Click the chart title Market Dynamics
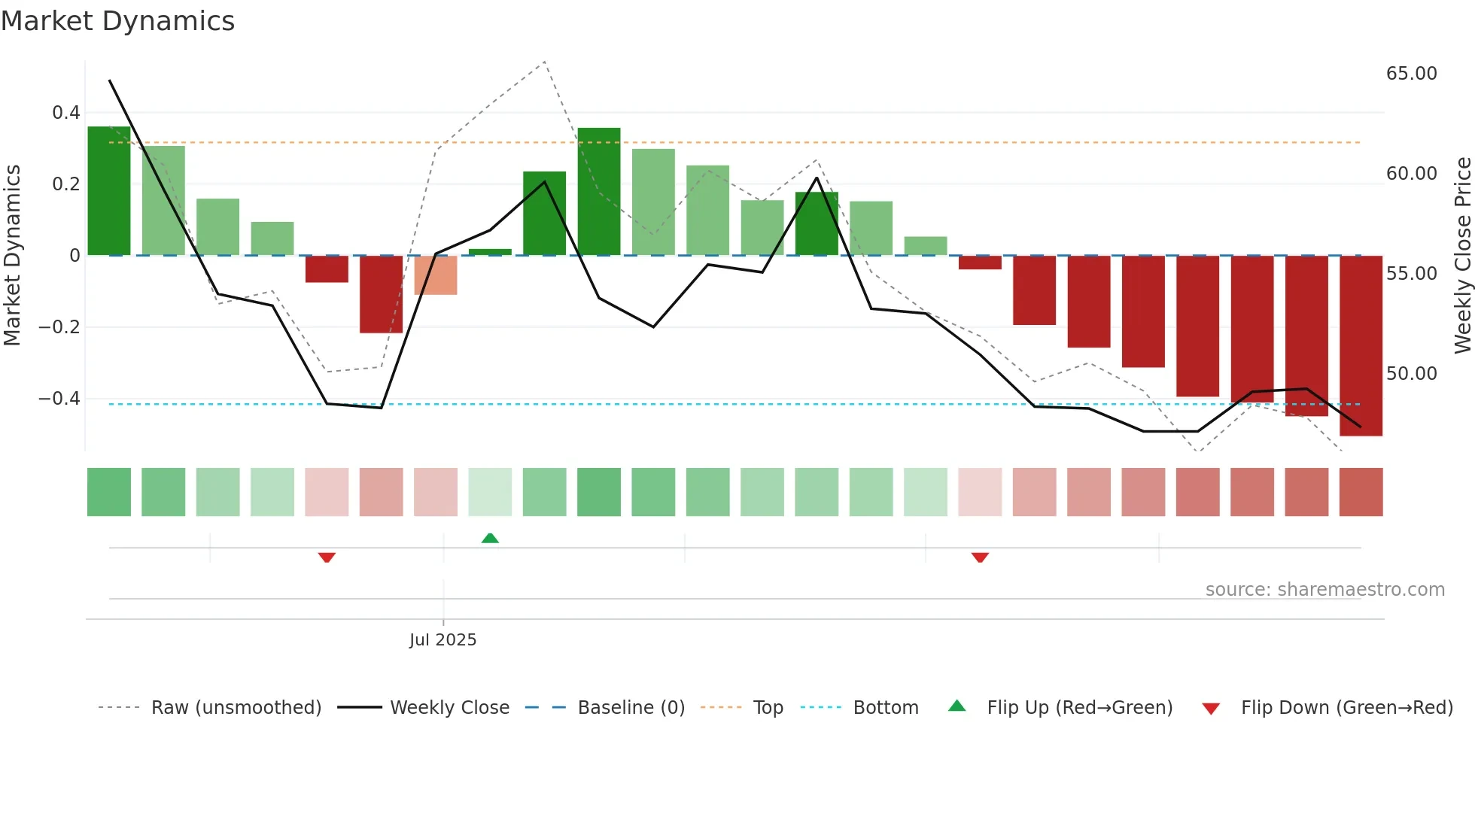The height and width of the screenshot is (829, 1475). [x=117, y=21]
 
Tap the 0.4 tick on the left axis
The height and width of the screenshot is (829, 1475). [x=65, y=113]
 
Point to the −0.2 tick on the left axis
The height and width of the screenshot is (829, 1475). [x=59, y=327]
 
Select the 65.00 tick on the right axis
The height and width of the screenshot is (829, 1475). [x=1411, y=74]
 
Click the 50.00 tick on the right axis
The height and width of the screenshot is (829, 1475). [x=1411, y=374]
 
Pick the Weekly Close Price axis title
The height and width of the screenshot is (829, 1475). [x=1462, y=256]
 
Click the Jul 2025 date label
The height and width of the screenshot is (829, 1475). [x=442, y=640]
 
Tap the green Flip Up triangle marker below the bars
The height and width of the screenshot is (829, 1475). [x=490, y=538]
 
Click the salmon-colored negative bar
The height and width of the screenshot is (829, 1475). [x=436, y=275]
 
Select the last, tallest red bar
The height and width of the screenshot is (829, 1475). [x=1361, y=346]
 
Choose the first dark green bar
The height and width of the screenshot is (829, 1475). [x=109, y=191]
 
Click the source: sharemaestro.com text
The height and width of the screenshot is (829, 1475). [x=1324, y=590]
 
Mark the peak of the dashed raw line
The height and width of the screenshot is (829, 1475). [x=544, y=62]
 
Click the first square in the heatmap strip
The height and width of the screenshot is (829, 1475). [x=109, y=492]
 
